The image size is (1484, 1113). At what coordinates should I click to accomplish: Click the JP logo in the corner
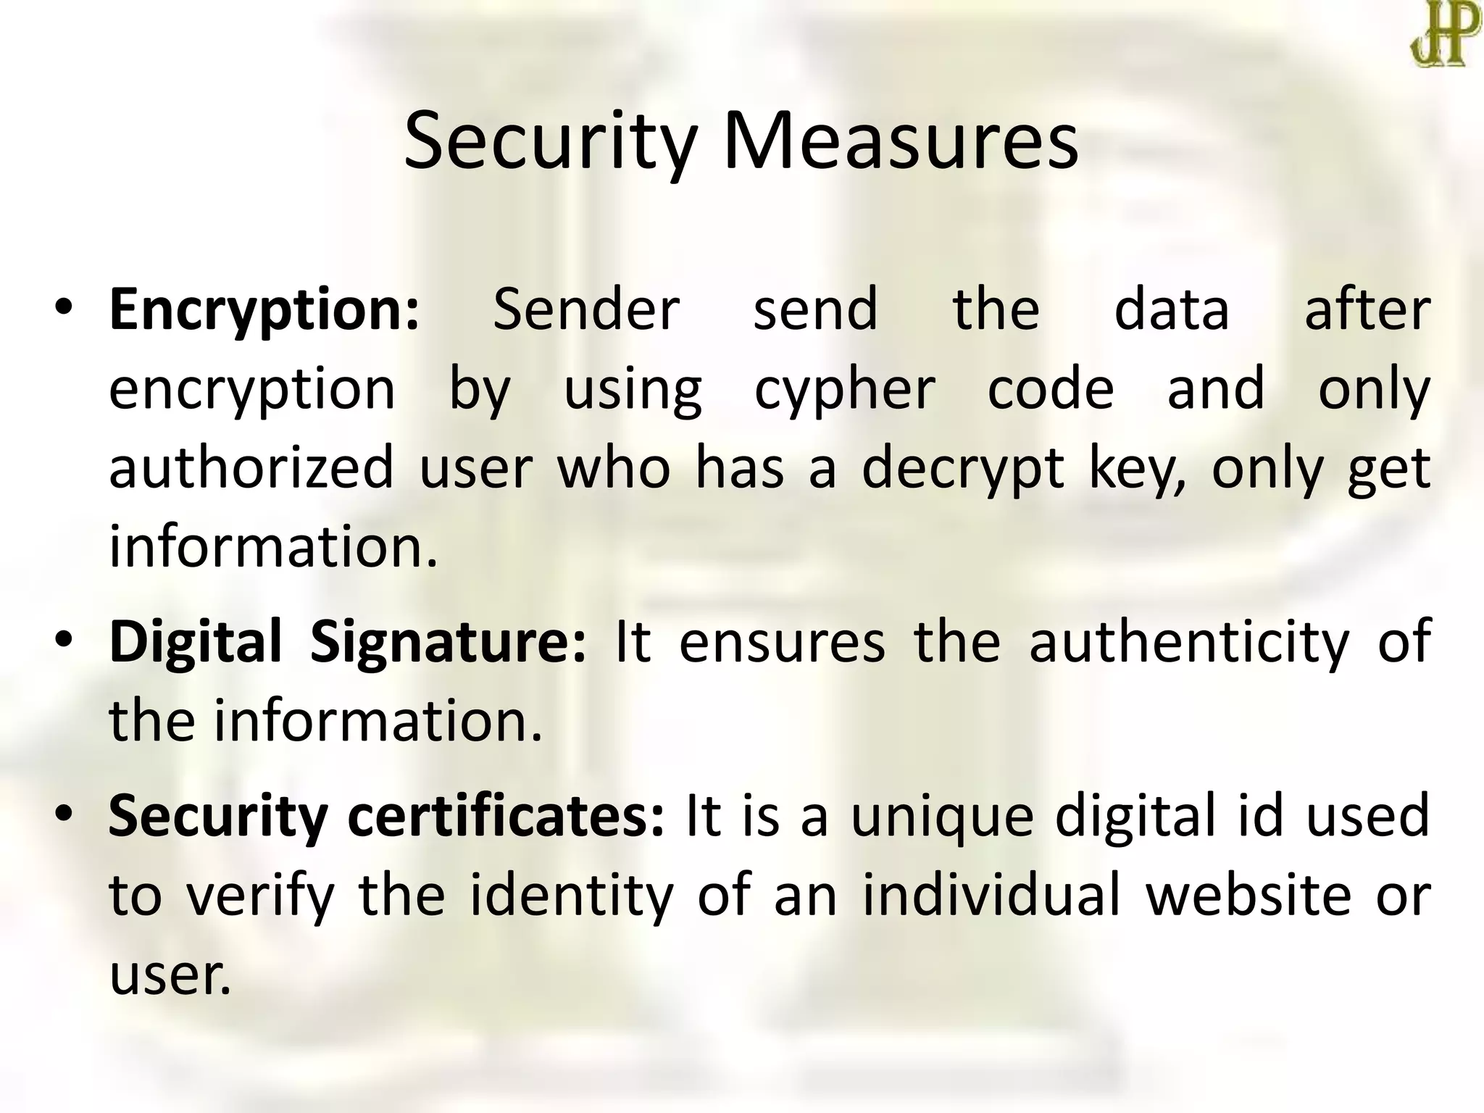(x=1442, y=34)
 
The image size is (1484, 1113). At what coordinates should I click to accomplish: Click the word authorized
(x=251, y=468)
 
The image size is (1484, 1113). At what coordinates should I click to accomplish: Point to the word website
(x=1249, y=896)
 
